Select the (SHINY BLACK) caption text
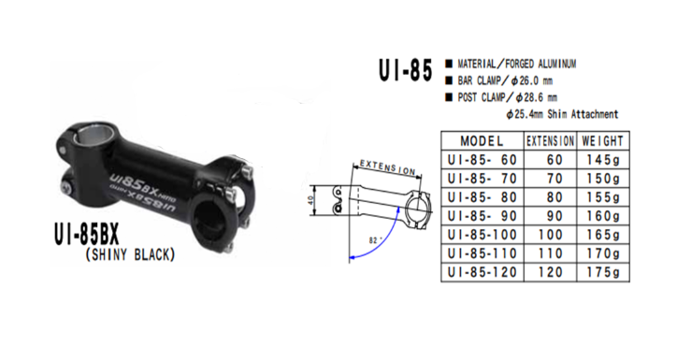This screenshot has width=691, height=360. click(131, 253)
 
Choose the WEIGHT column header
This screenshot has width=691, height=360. click(603, 140)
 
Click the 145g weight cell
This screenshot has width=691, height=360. click(603, 159)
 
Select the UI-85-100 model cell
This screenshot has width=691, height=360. click(482, 235)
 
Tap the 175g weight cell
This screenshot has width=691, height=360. click(603, 272)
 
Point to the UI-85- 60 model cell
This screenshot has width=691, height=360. click(482, 159)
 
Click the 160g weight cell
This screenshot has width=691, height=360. click(603, 216)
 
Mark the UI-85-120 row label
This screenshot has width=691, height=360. click(482, 272)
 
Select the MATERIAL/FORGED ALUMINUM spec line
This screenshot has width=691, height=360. click(514, 64)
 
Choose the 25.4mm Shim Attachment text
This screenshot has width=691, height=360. click(561, 114)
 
